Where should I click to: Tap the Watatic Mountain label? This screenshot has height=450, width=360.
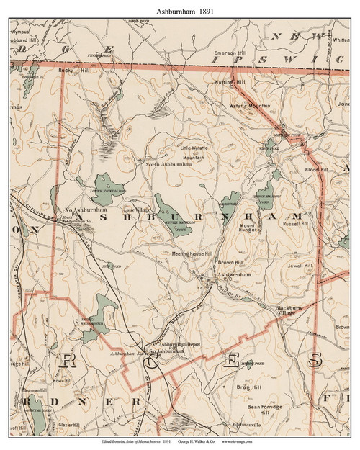point(251,107)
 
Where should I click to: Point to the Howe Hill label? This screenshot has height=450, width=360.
point(62,379)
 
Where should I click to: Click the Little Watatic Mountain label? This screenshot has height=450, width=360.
point(192,152)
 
